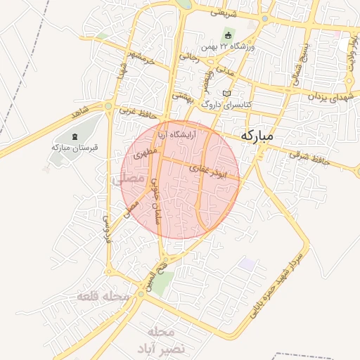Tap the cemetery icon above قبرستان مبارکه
coord(76,136)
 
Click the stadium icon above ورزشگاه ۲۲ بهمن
coord(227,35)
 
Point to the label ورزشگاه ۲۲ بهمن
coord(227,46)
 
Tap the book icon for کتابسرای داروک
coord(226,93)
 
